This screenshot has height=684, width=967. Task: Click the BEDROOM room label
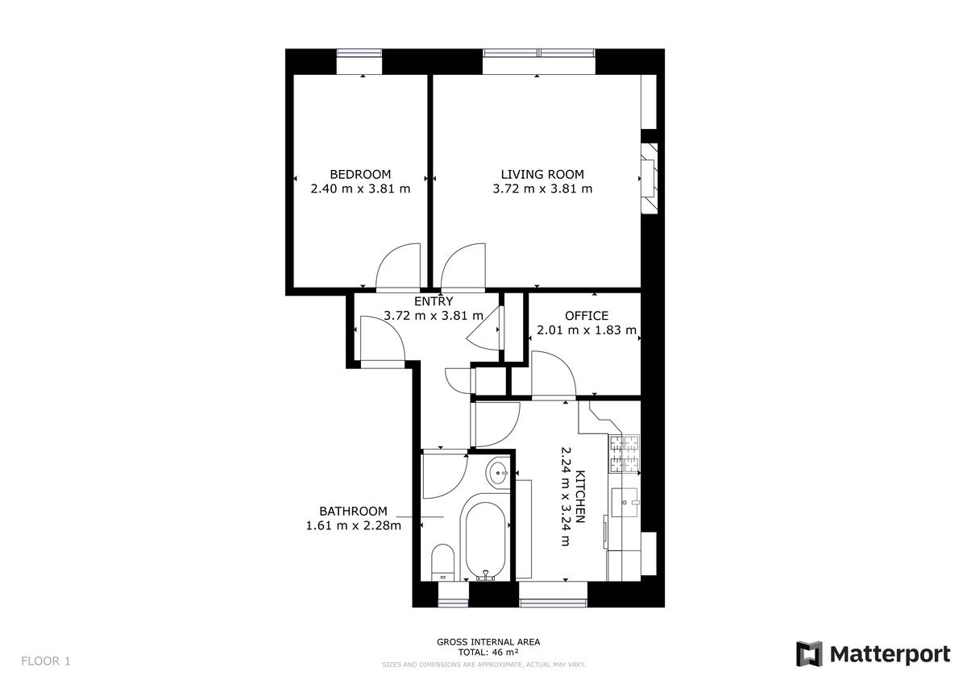coord(360,174)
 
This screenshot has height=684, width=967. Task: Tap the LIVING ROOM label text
coord(542,174)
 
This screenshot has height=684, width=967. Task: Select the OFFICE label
coord(587,316)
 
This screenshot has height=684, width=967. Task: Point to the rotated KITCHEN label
coord(581,496)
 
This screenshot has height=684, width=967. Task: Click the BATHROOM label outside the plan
coord(353,512)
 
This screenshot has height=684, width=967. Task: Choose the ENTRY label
coord(434,301)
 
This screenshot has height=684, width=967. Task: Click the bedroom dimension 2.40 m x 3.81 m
coord(360,189)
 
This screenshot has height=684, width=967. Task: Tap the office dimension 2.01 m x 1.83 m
coord(587,330)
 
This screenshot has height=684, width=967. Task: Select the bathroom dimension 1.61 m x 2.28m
coord(353,525)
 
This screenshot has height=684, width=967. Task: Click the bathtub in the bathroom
coord(485,541)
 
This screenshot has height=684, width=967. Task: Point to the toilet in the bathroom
coord(442,562)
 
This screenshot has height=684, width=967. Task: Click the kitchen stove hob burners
coord(625,453)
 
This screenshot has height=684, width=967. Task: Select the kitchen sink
coord(625,502)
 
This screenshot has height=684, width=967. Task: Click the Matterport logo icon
coord(809,654)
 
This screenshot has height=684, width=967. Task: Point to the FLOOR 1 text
coord(45,661)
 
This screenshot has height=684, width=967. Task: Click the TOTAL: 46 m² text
coord(488,652)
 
